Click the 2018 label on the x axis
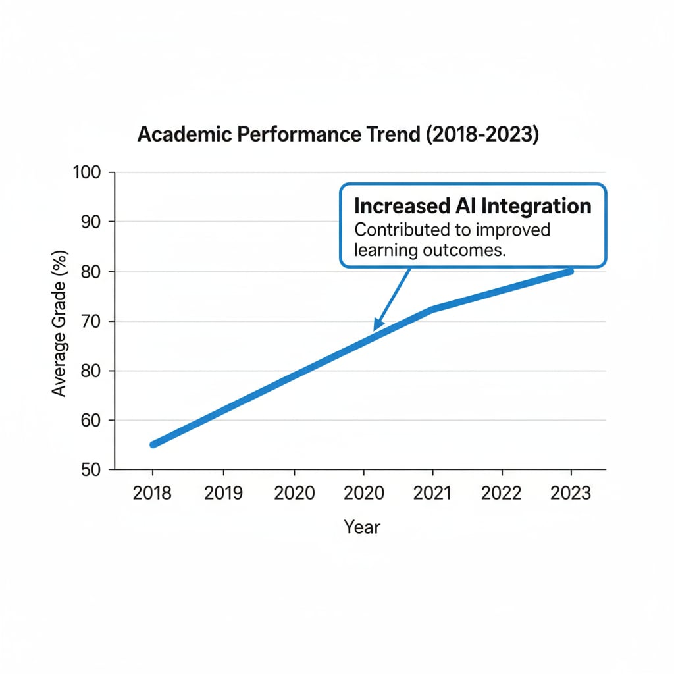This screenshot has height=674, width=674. tap(152, 494)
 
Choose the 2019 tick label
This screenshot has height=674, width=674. tap(224, 494)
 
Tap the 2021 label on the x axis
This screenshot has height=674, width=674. tap(432, 494)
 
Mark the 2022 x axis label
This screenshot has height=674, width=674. tap(502, 494)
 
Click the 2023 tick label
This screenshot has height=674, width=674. tap(571, 494)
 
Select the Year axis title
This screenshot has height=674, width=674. tap(361, 527)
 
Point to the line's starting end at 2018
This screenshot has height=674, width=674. tap(153, 444)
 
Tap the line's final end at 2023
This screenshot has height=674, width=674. tap(570, 271)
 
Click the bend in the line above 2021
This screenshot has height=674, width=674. tap(432, 309)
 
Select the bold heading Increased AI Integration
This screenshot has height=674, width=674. tap(472, 206)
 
